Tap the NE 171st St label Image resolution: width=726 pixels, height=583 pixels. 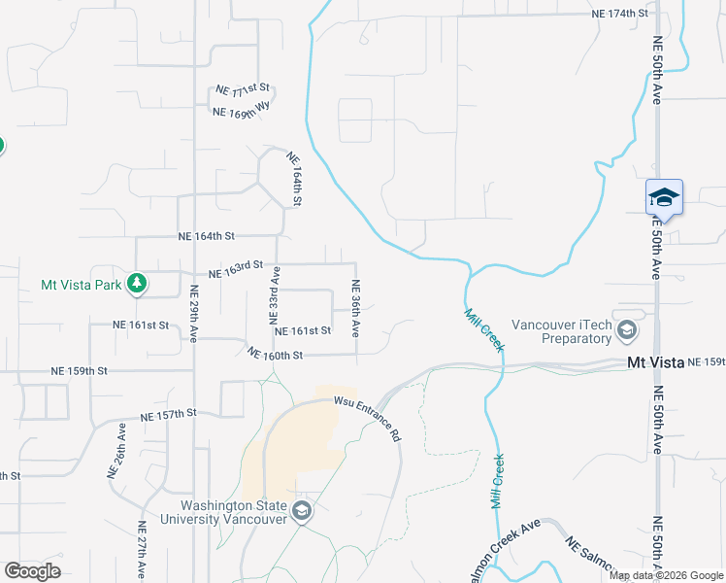(242, 90)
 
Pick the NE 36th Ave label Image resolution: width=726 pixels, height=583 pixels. (355, 309)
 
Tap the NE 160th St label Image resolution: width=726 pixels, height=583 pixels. (276, 355)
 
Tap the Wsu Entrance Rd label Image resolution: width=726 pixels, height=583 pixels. (368, 417)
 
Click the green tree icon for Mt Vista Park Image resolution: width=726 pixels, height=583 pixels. (137, 283)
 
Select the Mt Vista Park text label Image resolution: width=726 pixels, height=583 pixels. (81, 285)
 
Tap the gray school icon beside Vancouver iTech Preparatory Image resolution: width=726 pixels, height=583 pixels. (626, 331)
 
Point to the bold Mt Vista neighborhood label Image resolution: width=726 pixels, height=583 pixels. (655, 362)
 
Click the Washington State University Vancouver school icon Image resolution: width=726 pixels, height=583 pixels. (302, 511)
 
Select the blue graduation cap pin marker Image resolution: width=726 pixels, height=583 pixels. (664, 197)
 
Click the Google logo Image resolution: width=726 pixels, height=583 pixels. (33, 570)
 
